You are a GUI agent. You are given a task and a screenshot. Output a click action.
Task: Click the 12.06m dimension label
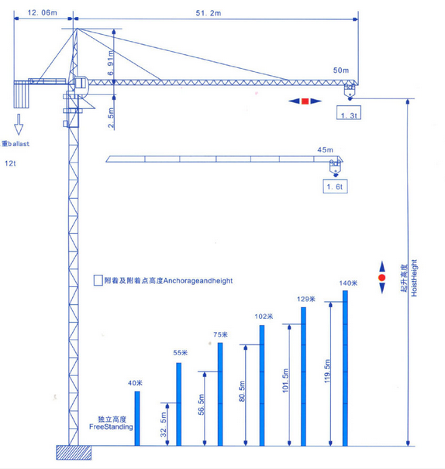click(42, 12)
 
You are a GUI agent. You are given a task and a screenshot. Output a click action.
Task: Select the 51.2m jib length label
click(209, 13)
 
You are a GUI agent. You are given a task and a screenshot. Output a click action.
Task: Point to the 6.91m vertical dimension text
click(111, 63)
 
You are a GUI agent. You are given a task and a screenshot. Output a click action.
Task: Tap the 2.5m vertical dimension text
click(111, 118)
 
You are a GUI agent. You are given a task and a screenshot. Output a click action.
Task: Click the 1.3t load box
click(349, 112)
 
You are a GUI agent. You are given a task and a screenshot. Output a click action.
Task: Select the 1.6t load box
click(335, 186)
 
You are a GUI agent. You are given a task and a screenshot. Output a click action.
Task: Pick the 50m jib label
click(341, 70)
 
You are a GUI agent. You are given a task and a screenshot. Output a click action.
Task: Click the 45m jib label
click(325, 149)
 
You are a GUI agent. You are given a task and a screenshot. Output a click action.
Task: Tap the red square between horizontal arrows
click(305, 101)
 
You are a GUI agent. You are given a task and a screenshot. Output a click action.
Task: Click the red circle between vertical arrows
click(381, 278)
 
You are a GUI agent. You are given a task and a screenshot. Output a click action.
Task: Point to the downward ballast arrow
click(19, 125)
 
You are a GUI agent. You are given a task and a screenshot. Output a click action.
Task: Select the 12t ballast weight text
click(10, 163)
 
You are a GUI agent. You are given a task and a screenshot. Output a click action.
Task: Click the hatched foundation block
click(74, 452)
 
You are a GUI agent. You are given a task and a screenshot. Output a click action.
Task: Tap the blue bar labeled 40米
click(137, 419)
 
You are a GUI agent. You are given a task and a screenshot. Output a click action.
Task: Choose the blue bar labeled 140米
click(345, 368)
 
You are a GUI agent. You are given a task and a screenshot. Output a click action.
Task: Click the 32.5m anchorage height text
click(164, 425)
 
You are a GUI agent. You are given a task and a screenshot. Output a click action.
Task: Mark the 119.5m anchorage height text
click(327, 371)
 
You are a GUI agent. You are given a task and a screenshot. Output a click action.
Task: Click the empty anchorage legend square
click(98, 280)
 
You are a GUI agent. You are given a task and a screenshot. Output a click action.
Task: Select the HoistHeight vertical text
click(414, 278)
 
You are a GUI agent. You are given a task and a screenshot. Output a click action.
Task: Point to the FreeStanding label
click(111, 427)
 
